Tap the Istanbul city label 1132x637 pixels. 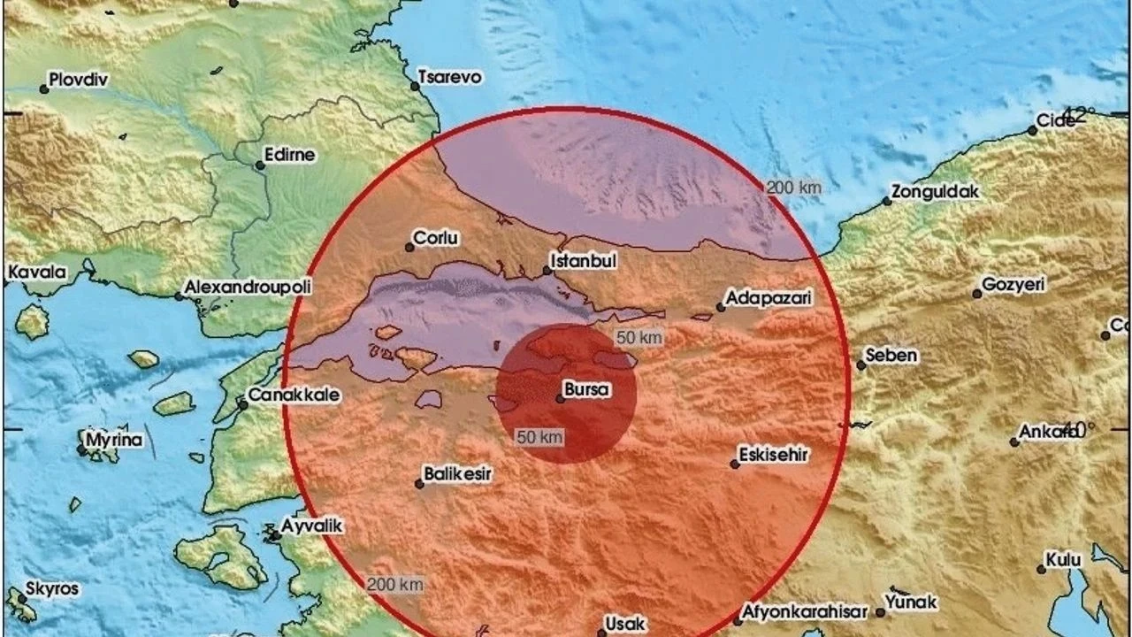[583, 261]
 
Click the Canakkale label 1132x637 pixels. [294, 395]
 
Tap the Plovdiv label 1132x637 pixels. [79, 80]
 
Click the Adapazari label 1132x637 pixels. [769, 299]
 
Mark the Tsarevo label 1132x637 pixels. [450, 77]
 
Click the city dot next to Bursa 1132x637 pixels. [561, 398]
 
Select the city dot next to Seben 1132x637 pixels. [860, 365]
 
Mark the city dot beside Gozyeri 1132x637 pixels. [976, 293]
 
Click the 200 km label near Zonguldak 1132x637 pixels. [793, 187]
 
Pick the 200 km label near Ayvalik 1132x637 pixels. [395, 584]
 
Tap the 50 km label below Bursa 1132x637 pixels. [540, 436]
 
